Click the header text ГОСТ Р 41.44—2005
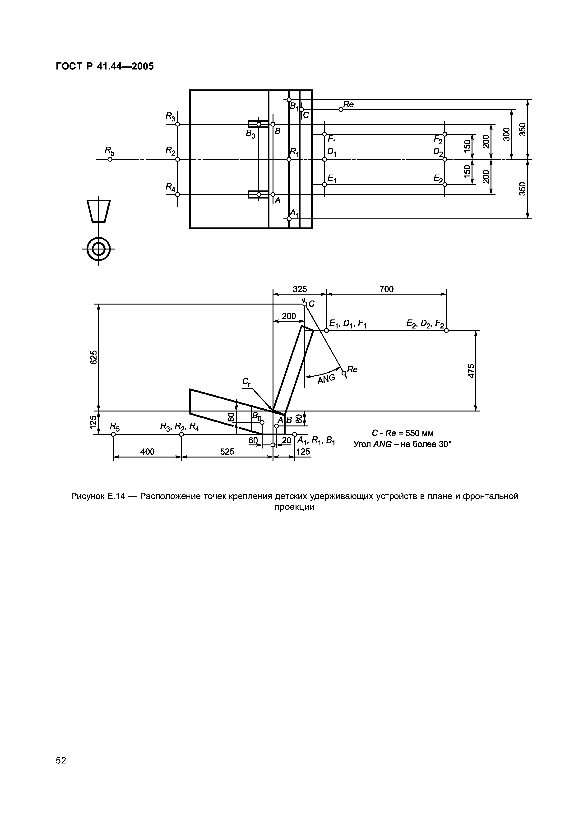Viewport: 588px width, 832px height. (105, 66)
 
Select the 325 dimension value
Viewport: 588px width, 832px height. (300, 289)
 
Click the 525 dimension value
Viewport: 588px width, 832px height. (227, 452)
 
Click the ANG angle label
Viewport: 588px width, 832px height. (326, 379)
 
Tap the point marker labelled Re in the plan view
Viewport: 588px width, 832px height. (341, 109)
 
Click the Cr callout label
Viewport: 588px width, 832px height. (247, 382)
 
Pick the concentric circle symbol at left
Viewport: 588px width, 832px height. (98, 249)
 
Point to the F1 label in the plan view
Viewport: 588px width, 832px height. (332, 139)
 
